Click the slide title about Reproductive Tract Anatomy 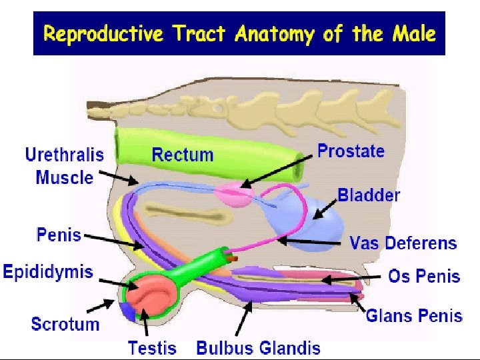[239, 33]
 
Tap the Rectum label [183, 155]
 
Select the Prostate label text [351, 151]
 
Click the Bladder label [369, 195]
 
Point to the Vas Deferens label [403, 243]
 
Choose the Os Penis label [424, 276]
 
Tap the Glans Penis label [414, 315]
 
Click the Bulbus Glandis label [258, 347]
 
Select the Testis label [152, 347]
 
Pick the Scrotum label [65, 325]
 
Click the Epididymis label [48, 272]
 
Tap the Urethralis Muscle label [65, 166]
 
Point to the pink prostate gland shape [235, 193]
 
